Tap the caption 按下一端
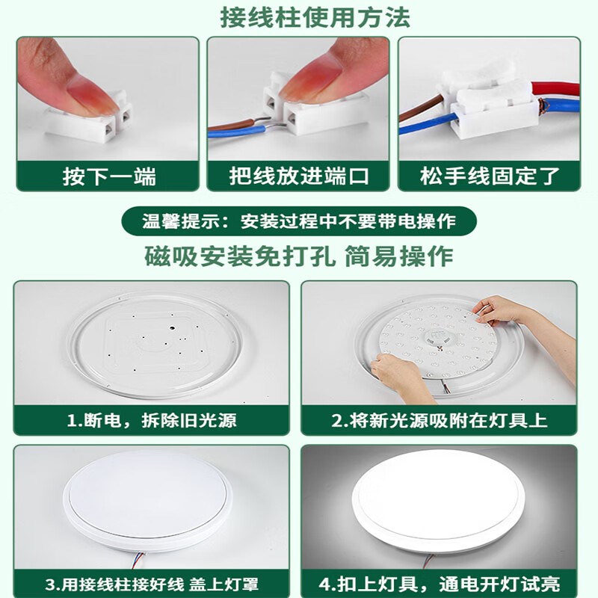click(x=108, y=177)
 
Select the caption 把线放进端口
click(x=299, y=177)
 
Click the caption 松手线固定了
click(x=489, y=177)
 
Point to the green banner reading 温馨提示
click(x=299, y=221)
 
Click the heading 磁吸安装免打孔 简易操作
click(x=299, y=256)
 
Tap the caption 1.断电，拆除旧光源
click(x=152, y=420)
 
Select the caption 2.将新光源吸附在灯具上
click(x=439, y=420)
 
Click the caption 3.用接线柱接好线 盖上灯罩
click(x=152, y=582)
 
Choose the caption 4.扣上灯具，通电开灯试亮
click(x=439, y=582)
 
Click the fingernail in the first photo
click(x=84, y=82)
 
